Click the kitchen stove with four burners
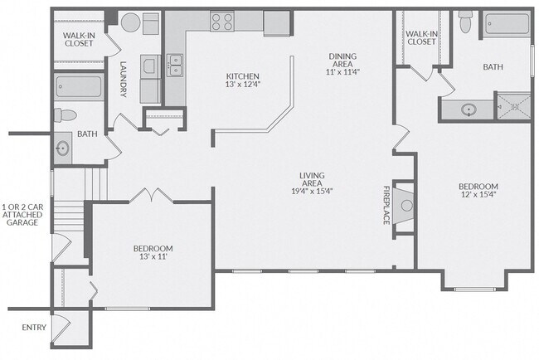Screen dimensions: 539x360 [x=222, y=22]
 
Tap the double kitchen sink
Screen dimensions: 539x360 [x=175, y=66]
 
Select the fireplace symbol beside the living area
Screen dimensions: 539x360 [x=404, y=206]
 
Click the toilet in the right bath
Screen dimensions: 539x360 [x=465, y=22]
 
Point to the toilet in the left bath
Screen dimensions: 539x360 [x=66, y=114]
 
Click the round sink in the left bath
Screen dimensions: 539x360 [x=63, y=148]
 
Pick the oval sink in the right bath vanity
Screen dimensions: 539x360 [x=469, y=110]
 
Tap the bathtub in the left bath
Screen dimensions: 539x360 [x=79, y=86]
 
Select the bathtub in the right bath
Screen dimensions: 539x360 [x=507, y=23]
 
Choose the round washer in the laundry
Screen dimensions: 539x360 [x=131, y=22]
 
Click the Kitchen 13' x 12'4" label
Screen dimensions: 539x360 [x=242, y=80]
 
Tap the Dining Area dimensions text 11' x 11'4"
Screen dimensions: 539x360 [x=342, y=72]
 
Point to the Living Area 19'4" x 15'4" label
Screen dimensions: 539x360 [x=312, y=183]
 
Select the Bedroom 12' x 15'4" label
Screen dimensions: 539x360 [x=478, y=190]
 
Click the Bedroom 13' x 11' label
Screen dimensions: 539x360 [x=153, y=252]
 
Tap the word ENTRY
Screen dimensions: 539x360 [x=34, y=328]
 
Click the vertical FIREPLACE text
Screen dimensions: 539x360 [x=386, y=205]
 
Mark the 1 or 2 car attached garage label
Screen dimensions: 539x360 [x=22, y=215]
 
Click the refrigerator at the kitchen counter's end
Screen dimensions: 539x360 [x=277, y=23]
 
